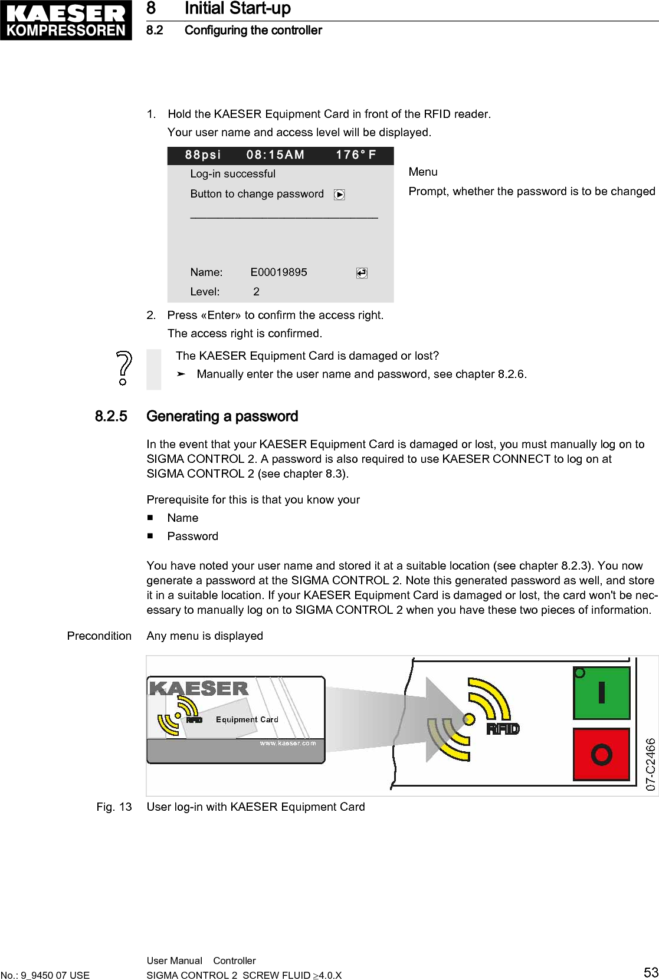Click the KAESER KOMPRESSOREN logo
coord(65,20)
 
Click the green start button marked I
coord(601,693)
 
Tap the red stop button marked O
coord(601,755)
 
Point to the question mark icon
coord(123,368)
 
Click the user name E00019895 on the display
coord(278,272)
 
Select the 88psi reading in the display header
coord(202,155)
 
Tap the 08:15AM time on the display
coord(276,155)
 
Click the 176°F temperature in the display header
coord(356,155)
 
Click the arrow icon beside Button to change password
coord(339,195)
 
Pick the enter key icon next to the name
coord(362,273)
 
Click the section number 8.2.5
coord(111,416)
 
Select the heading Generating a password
coord(222,416)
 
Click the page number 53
coord(651,972)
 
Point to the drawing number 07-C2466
coord(650,764)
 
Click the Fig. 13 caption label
coord(114,807)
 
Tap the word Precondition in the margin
coord(99,636)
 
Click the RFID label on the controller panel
coord(503,729)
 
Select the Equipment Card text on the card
coord(247,719)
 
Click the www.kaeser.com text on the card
coord(288,743)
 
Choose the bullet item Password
coord(192,536)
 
